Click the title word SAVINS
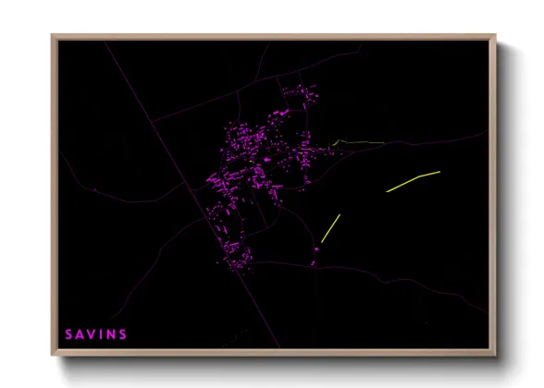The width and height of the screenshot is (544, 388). [96, 333]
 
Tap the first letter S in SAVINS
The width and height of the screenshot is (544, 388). [69, 333]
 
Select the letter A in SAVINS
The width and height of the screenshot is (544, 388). [80, 333]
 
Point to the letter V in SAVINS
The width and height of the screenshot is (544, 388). [92, 333]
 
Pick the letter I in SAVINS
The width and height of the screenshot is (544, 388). [101, 333]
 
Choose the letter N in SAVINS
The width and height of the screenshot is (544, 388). [110, 333]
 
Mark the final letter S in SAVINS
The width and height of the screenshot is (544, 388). [122, 333]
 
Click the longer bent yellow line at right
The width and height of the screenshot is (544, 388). [413, 181]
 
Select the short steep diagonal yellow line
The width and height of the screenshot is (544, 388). [330, 228]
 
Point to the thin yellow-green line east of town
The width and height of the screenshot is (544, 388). [359, 142]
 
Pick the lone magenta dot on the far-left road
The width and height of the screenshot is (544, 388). [94, 190]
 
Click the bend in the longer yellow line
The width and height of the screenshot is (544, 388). [419, 176]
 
